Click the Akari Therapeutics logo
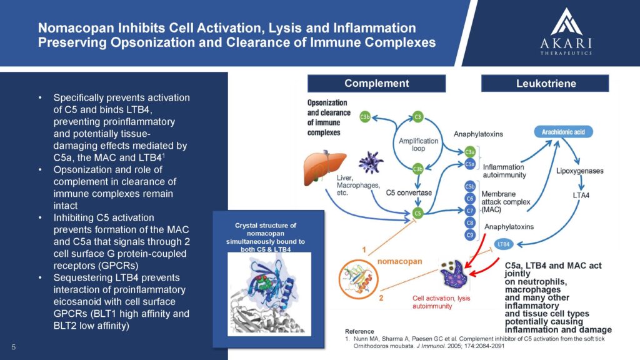(566, 31)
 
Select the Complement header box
(376, 83)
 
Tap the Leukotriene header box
(545, 83)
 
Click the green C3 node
(417, 117)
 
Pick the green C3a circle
(470, 152)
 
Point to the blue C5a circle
(470, 164)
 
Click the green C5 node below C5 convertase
(417, 213)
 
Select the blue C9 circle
(470, 235)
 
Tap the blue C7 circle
(470, 211)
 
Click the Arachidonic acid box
(563, 132)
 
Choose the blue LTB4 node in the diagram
(504, 244)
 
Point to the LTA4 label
(581, 196)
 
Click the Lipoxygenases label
(579, 171)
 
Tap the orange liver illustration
(324, 167)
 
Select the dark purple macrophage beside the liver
(371, 162)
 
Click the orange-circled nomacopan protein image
(358, 279)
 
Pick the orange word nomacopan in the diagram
(399, 261)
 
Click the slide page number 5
(14, 347)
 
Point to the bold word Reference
(359, 331)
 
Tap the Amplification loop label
(418, 144)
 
